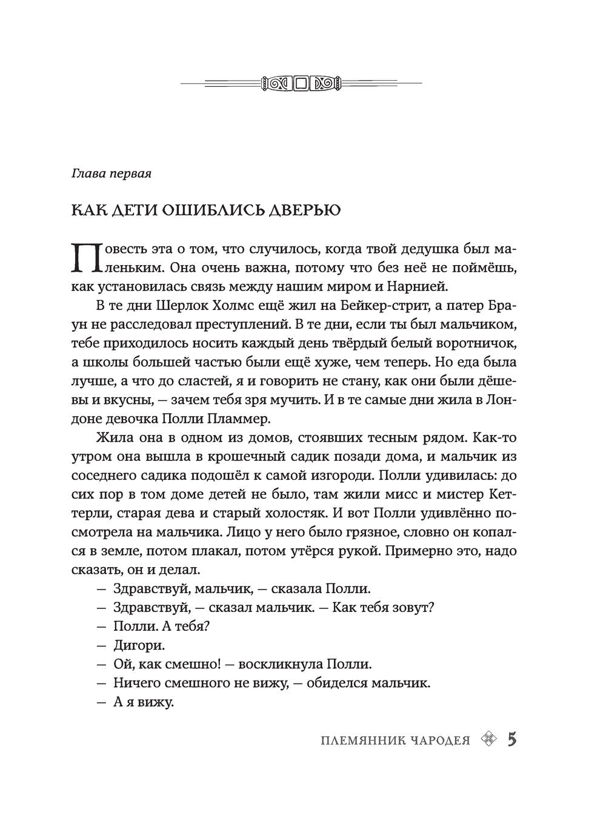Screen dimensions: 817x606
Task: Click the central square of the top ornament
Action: point(301,83)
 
